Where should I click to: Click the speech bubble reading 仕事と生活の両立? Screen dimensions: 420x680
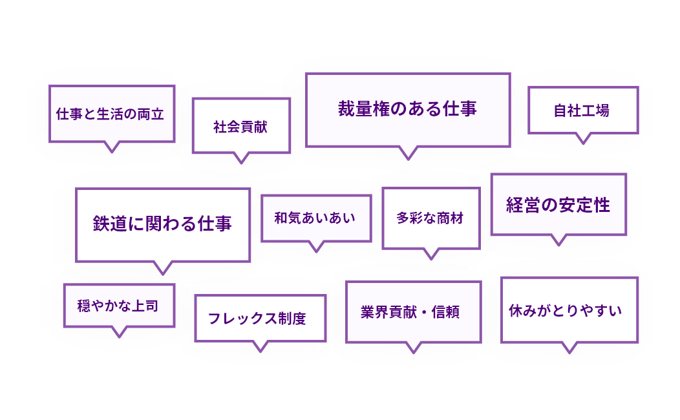tap(111, 114)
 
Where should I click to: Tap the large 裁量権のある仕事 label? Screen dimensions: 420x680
tap(407, 109)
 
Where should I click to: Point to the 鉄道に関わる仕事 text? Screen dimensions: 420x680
tap(162, 224)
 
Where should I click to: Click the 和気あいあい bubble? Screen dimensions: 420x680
tap(315, 218)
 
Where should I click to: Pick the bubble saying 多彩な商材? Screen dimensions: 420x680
tap(430, 218)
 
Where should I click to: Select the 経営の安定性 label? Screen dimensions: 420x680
tap(558, 205)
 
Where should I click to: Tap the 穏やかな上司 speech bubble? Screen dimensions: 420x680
tap(118, 306)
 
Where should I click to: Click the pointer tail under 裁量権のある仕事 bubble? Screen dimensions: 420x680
tap(407, 152)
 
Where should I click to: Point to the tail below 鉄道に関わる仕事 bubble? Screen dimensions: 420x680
tap(163, 268)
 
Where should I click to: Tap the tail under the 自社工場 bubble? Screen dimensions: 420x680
tap(583, 138)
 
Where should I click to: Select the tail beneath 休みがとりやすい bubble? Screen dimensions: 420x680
tap(569, 347)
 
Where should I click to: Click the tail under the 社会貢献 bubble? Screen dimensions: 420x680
tap(241, 158)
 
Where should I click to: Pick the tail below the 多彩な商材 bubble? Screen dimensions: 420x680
tap(430, 253)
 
